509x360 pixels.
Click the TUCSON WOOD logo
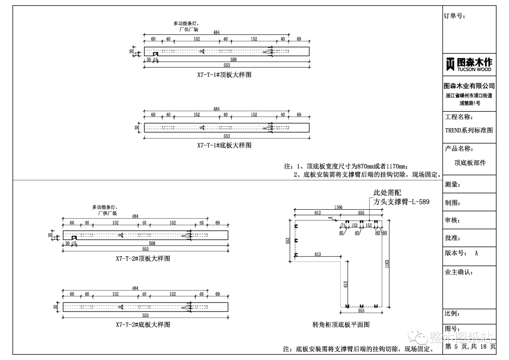tap(469, 64)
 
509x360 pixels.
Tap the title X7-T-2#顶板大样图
tap(143, 259)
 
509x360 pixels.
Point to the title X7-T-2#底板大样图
tap(143, 325)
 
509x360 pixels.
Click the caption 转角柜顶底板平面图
tap(341, 325)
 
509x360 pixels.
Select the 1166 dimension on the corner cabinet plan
tap(338, 207)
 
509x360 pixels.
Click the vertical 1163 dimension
tap(387, 264)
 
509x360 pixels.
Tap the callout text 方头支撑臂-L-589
tap(402, 202)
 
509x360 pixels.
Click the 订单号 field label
tap(454, 16)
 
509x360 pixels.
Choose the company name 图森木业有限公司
tap(469, 86)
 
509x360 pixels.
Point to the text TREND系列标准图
tap(469, 131)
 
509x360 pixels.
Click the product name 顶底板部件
tap(470, 163)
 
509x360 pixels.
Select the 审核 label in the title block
tap(452, 221)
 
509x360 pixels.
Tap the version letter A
tap(476, 253)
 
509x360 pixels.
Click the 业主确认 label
tap(459, 272)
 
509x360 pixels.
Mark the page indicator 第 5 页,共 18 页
tap(470, 346)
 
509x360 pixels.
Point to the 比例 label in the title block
tap(452, 314)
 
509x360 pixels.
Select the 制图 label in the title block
tap(452, 203)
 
